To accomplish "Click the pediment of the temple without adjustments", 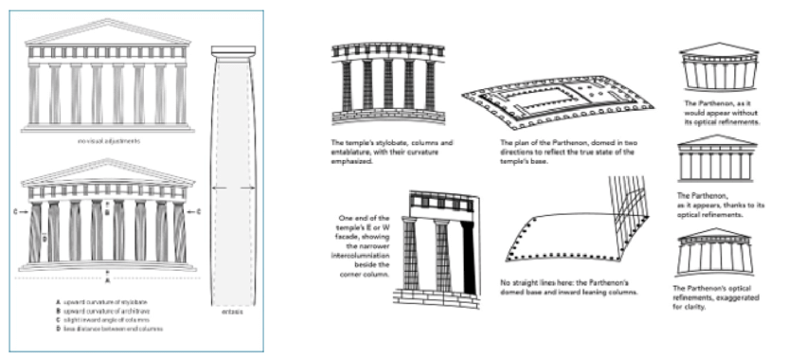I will coord(109,33).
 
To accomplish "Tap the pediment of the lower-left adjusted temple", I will coord(109,173).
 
